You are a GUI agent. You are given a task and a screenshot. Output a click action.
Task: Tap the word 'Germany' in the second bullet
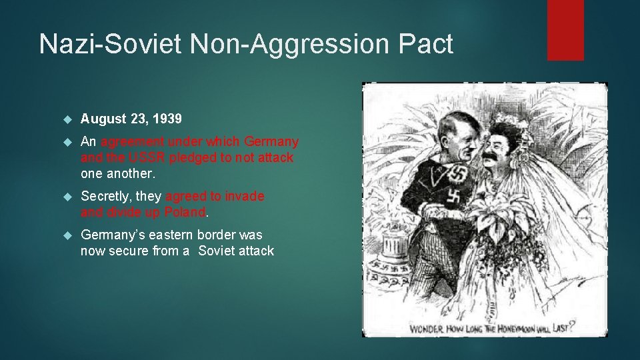[x=271, y=142]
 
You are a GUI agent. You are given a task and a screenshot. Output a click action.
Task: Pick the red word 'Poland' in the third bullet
[x=185, y=212]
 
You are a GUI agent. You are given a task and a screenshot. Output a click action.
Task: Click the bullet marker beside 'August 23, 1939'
[x=67, y=119]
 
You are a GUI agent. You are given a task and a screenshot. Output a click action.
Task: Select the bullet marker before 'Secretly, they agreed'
[x=67, y=197]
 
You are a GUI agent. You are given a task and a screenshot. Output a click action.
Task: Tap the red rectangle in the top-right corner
[x=565, y=30]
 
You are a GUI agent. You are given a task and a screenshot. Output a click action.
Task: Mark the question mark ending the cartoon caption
[x=572, y=327]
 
